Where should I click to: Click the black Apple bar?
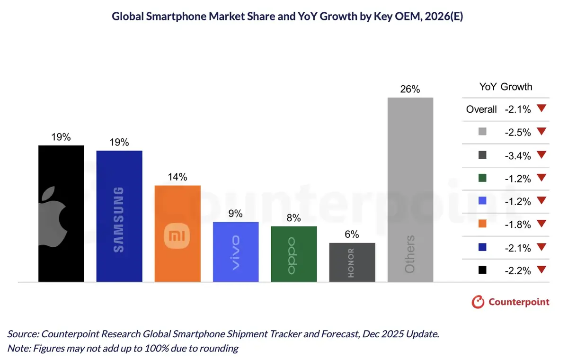click(61, 213)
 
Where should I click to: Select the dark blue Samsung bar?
click(119, 216)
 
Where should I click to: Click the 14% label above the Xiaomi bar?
click(177, 177)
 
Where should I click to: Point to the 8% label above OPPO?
click(293, 218)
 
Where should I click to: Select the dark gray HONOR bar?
click(352, 262)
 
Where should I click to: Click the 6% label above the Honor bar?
click(352, 234)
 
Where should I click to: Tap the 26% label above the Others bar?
click(410, 89)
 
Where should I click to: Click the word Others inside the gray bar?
click(410, 254)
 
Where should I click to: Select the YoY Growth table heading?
click(506, 87)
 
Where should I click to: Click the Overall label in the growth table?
click(481, 109)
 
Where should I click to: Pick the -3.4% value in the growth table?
click(517, 155)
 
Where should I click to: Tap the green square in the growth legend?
click(482, 179)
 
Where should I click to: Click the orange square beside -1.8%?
click(482, 225)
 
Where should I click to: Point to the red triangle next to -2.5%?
click(542, 132)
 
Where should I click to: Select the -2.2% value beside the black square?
click(517, 270)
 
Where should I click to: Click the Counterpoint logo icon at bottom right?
click(479, 302)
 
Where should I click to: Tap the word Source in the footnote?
click(22, 334)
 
